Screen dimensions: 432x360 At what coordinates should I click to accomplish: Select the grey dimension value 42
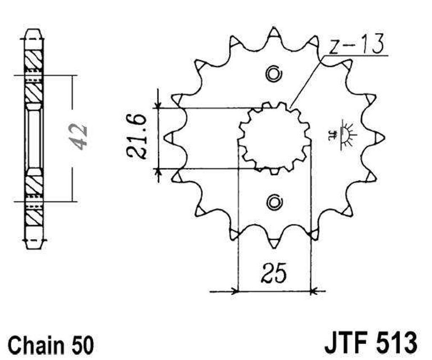(78, 137)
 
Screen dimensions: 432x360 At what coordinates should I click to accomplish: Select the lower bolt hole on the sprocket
(274, 202)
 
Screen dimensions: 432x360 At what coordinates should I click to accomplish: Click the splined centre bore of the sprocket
(275, 138)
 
